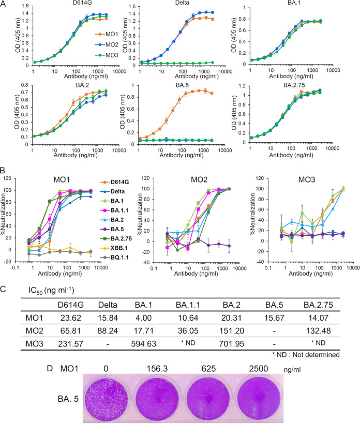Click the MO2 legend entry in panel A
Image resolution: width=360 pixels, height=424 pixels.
click(x=107, y=44)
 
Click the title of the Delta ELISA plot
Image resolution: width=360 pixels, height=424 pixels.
click(x=182, y=3)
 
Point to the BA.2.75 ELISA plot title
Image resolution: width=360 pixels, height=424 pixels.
click(x=294, y=85)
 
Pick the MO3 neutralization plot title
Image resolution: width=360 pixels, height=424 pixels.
click(x=306, y=179)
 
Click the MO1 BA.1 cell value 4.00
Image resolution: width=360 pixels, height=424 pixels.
click(x=143, y=317)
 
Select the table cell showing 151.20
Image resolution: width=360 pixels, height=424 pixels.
click(x=232, y=331)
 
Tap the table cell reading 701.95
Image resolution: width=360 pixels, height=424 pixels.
click(x=232, y=344)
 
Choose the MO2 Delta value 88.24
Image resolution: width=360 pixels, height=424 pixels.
click(x=108, y=331)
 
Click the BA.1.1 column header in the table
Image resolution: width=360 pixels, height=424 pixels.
click(x=188, y=305)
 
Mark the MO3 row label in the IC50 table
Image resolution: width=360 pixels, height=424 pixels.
click(x=34, y=344)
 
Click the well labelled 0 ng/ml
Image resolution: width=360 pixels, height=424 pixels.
click(x=106, y=398)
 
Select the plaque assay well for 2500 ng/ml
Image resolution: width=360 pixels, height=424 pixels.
click(x=258, y=398)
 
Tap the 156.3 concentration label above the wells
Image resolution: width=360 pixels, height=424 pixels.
click(x=157, y=369)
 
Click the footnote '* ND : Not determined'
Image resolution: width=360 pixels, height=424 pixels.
click(x=306, y=355)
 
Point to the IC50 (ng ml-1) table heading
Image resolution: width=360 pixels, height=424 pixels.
click(x=51, y=291)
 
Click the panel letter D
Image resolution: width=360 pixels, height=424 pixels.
click(x=50, y=368)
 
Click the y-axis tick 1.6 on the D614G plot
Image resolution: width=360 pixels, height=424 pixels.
click(x=25, y=6)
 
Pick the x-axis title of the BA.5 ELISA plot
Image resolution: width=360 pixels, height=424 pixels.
click(x=182, y=155)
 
